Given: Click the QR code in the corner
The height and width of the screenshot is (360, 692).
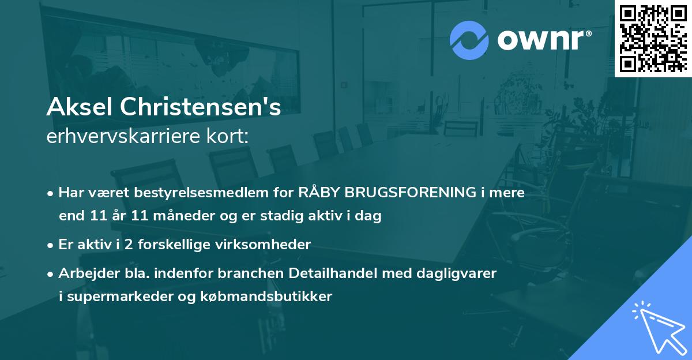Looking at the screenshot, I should click(x=653, y=38).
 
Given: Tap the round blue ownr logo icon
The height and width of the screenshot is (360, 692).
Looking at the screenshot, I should click(x=469, y=40).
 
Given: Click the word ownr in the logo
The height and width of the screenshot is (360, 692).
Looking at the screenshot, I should click(x=543, y=40).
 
